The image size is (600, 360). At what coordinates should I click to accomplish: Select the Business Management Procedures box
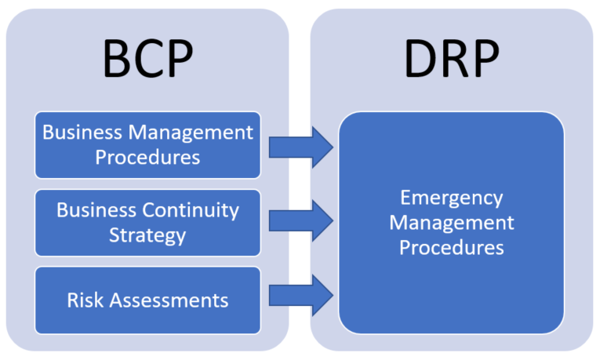coord(148,144)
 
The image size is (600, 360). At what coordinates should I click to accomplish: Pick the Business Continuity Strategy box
coord(148,223)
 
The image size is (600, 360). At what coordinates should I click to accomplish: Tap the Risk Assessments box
coord(148,300)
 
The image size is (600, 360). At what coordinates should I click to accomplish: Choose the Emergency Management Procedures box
coord(451,223)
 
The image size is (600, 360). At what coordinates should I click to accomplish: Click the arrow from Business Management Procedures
coord(301,144)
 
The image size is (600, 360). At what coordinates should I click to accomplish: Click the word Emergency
coord(451,198)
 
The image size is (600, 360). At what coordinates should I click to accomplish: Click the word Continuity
coord(191,210)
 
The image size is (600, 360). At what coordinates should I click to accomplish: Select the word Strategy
coord(148,235)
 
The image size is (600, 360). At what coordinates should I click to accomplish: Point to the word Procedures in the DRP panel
coord(451,248)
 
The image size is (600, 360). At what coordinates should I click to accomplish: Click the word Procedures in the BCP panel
coord(148,157)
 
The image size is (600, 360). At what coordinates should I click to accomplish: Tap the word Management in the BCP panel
coord(192,132)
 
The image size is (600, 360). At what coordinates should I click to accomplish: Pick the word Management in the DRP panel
coord(451,223)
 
